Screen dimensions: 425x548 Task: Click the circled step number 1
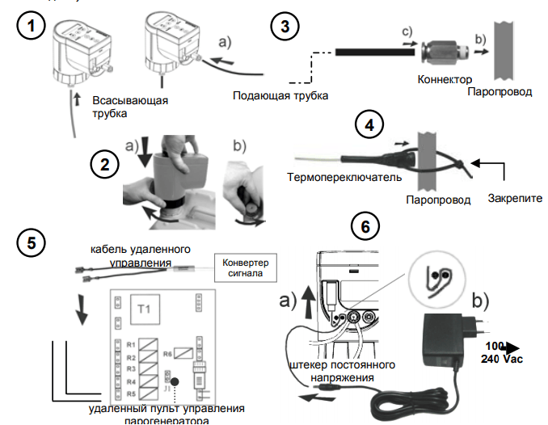[x=30, y=26]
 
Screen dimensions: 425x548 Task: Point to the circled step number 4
[x=369, y=126]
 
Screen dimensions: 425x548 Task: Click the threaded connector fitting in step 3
[x=443, y=53]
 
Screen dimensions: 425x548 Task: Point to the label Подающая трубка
[x=280, y=96]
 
